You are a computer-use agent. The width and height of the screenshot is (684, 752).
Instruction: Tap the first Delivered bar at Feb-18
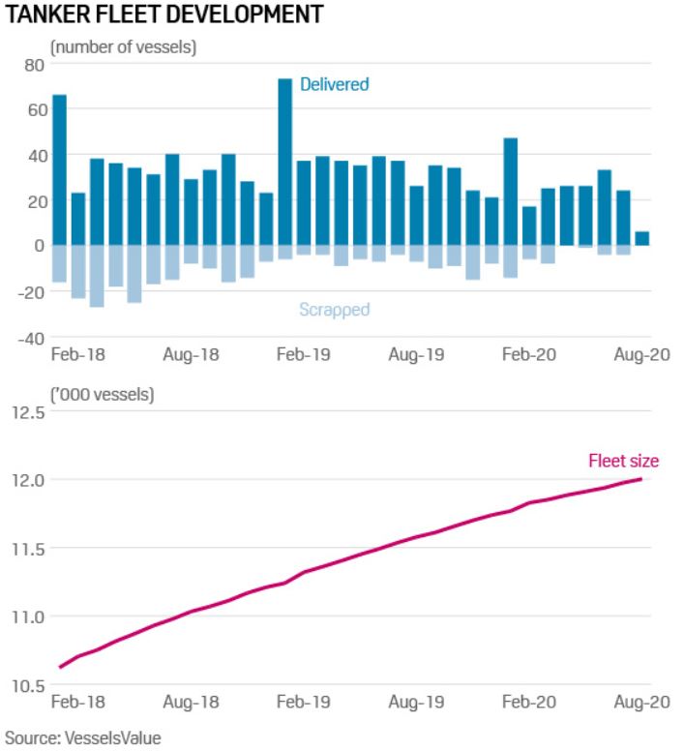[59, 169]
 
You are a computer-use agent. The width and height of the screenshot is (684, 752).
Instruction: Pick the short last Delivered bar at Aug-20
[642, 238]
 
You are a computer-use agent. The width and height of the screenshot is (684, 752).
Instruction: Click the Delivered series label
[334, 84]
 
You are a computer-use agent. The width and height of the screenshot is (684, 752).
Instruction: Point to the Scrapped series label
[334, 310]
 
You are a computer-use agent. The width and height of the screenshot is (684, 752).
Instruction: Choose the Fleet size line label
[623, 461]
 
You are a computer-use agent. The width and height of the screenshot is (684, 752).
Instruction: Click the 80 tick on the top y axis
[36, 66]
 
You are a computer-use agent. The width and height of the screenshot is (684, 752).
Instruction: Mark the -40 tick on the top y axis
[30, 337]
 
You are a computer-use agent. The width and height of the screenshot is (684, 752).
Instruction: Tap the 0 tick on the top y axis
[40, 246]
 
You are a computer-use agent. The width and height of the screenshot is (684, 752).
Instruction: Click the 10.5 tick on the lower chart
[30, 686]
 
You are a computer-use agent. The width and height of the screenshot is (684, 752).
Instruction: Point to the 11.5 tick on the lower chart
[30, 549]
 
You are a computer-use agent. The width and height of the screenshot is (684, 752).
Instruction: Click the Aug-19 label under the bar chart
[416, 354]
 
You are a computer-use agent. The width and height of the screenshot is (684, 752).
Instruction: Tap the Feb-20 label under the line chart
[528, 703]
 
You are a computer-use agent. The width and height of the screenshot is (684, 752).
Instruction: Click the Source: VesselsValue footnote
[83, 737]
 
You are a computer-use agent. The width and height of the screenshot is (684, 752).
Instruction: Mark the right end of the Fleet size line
[641, 479]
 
